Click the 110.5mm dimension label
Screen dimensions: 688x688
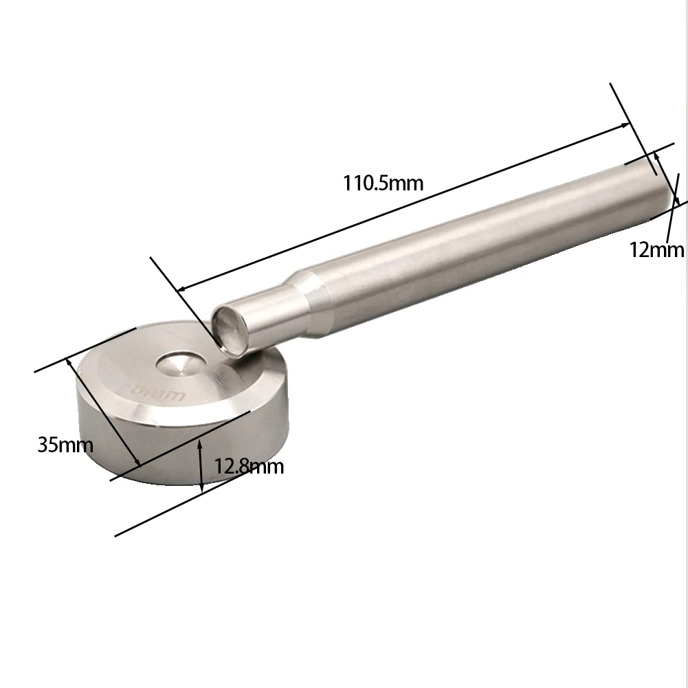(383, 184)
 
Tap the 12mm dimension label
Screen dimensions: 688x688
(656, 249)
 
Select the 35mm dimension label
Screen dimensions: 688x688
(65, 445)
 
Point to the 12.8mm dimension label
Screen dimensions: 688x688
(248, 467)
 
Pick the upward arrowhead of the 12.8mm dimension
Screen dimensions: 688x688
(200, 445)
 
